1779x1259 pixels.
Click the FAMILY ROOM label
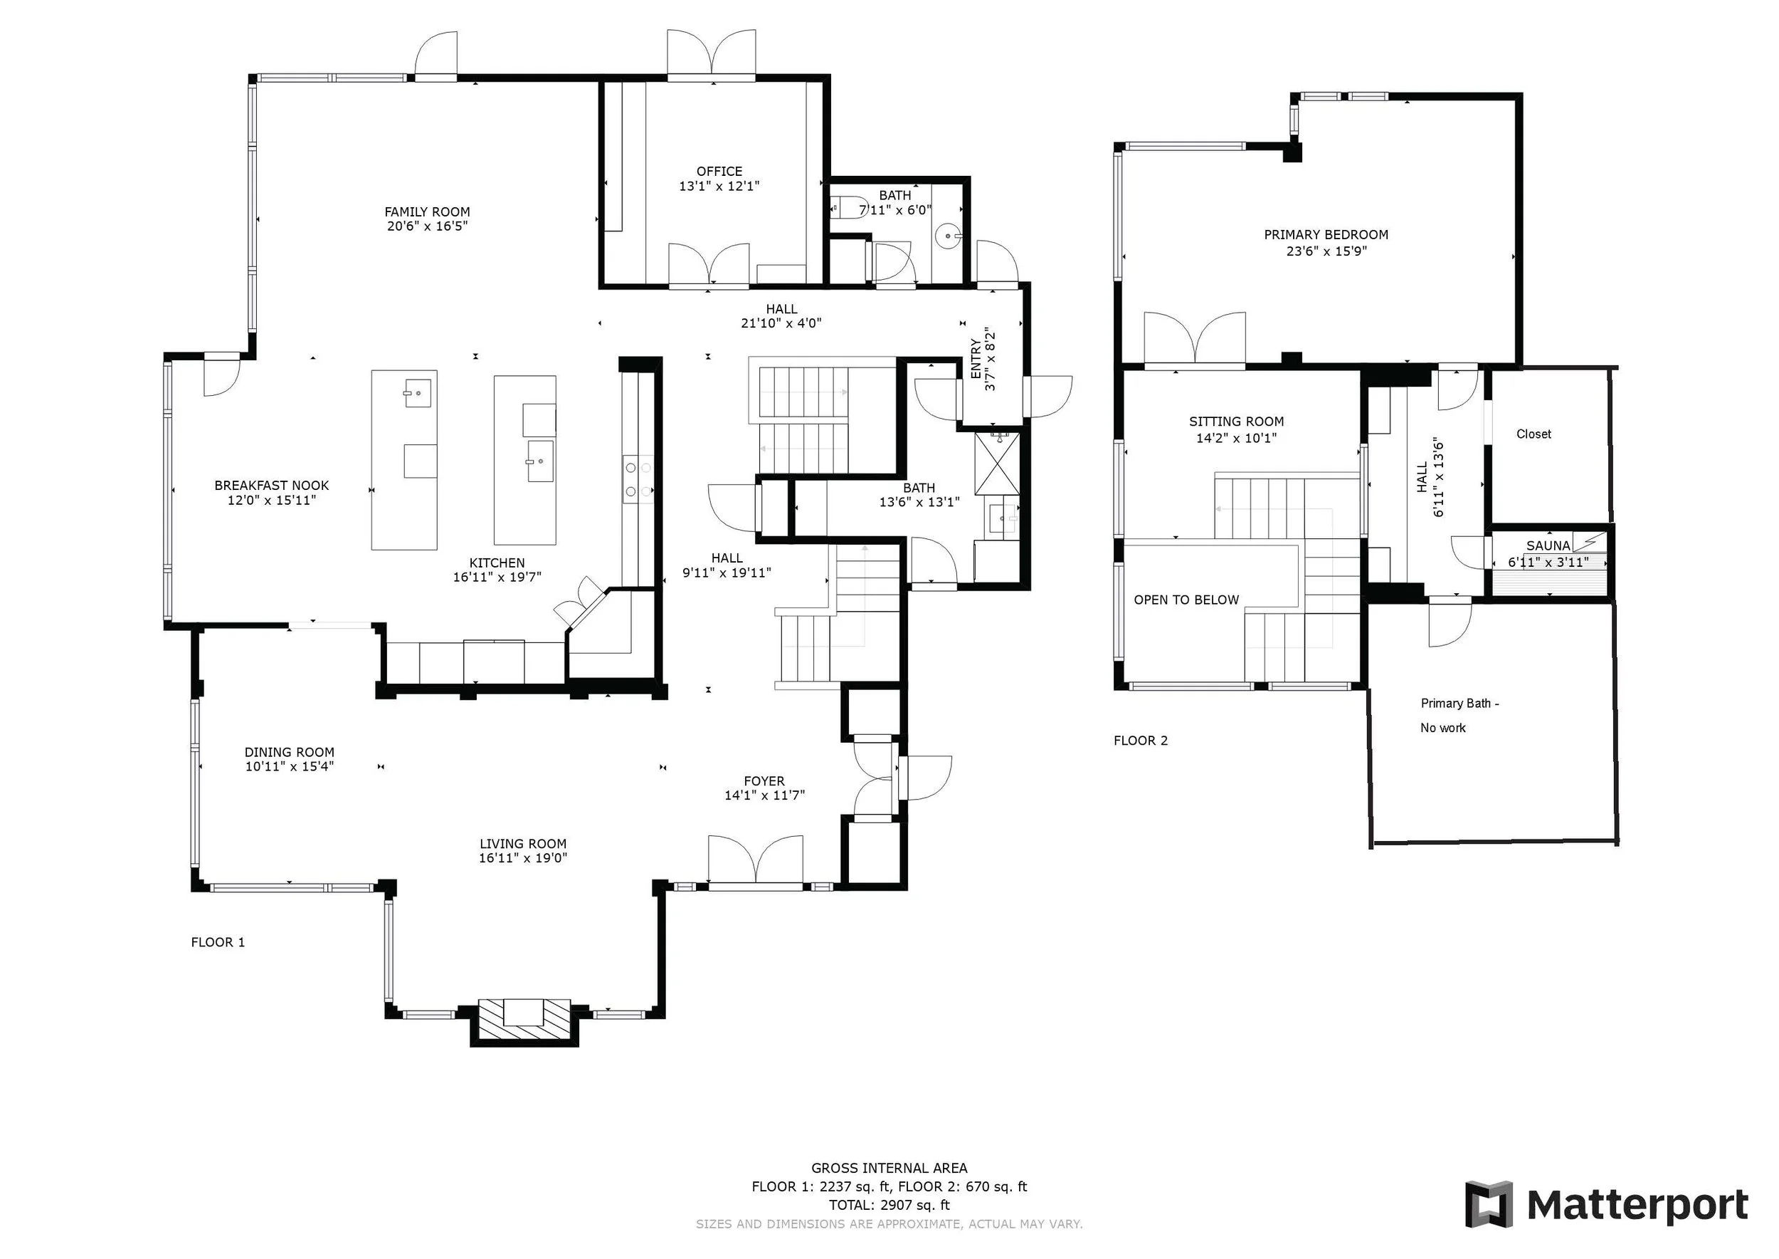point(427,211)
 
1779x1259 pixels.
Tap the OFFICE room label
point(719,172)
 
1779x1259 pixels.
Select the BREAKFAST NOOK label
point(272,486)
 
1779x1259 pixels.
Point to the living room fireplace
point(524,1022)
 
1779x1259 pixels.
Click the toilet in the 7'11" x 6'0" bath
point(848,207)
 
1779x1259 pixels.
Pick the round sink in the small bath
point(949,234)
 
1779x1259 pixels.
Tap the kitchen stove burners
point(638,480)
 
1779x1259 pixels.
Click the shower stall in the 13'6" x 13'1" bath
point(997,463)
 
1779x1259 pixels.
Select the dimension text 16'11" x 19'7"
point(497,577)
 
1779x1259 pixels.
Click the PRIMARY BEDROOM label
point(1326,235)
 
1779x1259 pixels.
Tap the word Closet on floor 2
point(1533,434)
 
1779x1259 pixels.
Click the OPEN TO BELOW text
point(1186,600)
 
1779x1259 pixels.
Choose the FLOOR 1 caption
point(218,942)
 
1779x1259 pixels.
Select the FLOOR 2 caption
point(1141,741)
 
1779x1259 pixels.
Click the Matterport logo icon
point(1489,1204)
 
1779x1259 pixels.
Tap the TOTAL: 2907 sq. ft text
point(889,1205)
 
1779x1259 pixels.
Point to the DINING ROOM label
point(289,752)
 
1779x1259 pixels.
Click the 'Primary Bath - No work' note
point(1459,716)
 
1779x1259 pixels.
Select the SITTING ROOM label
point(1236,422)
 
